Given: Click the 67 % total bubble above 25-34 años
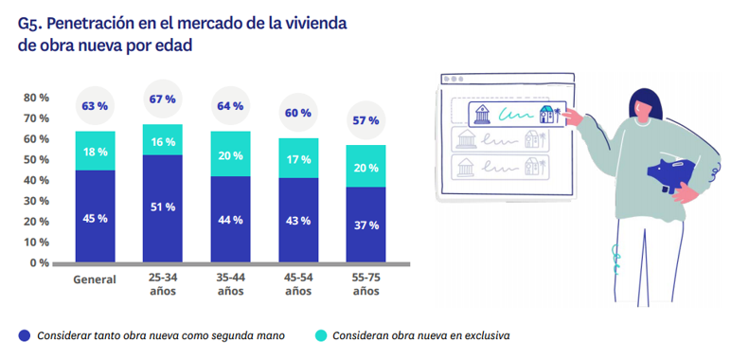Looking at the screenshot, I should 162,99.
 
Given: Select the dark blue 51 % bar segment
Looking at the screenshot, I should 162,208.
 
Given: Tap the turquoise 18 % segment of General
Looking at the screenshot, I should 95,151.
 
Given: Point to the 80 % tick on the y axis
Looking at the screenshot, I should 37,98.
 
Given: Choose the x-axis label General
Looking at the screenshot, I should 95,279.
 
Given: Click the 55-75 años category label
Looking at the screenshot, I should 365,285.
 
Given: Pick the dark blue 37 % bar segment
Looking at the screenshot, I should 365,225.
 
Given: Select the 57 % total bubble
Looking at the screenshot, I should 365,120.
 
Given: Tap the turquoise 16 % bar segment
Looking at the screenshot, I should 162,140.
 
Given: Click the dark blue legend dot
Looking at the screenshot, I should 25,335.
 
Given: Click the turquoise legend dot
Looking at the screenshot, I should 321,335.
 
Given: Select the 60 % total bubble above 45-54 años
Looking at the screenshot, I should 298,114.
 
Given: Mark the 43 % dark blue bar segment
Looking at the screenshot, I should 298,220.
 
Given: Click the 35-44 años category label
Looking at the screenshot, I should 230,285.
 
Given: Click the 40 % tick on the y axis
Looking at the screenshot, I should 37,180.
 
